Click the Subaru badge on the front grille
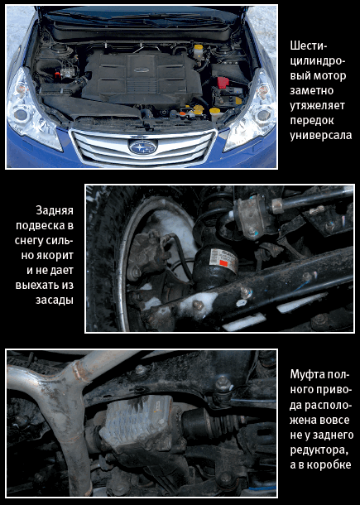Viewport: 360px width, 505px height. [142, 147]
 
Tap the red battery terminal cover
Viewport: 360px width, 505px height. [223, 82]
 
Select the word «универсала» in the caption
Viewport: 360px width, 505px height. [321, 135]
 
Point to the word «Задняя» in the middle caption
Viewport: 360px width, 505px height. [55, 210]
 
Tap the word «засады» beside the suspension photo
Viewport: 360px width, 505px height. [55, 300]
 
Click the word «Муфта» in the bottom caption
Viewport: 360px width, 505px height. [305, 374]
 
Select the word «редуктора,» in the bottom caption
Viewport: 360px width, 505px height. [319, 450]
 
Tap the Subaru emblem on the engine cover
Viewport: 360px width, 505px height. [141, 70]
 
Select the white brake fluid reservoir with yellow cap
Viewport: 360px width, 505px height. [198, 52]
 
